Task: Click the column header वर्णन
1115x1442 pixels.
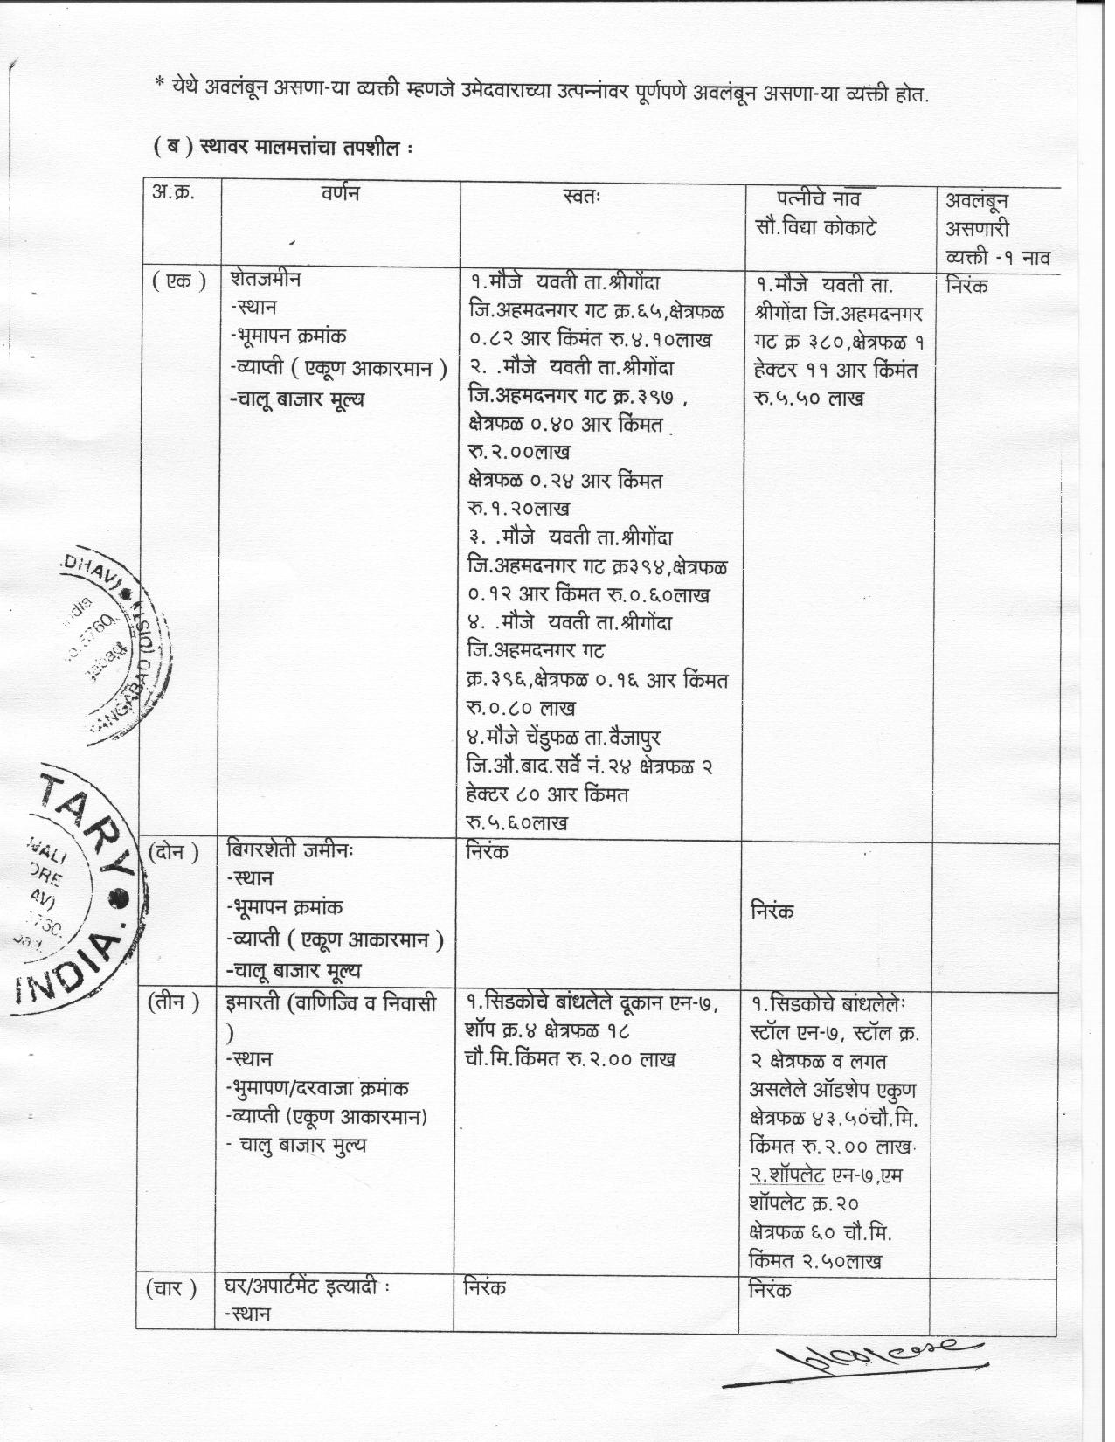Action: point(340,194)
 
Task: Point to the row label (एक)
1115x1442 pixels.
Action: point(178,281)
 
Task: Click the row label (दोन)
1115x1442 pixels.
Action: point(173,850)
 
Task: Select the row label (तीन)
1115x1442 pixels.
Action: point(173,1002)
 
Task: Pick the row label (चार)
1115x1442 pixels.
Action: point(173,1287)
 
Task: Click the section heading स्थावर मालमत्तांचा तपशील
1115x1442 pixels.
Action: point(281,148)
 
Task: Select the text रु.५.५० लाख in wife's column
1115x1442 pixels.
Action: point(807,398)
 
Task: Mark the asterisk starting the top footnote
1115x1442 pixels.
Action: point(159,85)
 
